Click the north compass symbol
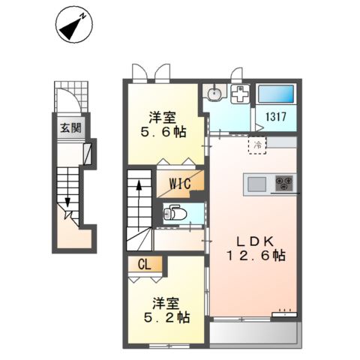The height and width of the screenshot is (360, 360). pos(74,27)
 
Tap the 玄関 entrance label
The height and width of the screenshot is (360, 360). pos(71,128)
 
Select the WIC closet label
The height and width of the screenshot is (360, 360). pos(180,184)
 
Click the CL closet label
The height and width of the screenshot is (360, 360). pos(145,265)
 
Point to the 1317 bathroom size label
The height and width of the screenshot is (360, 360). pos(276,117)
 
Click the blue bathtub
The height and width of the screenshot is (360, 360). pos(276,94)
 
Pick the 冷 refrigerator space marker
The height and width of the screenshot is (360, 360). pos(257,145)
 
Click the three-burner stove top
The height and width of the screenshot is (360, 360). pos(283,183)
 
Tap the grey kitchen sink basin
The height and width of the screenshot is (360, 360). pos(256,184)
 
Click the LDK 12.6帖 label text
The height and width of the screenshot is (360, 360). pos(256,249)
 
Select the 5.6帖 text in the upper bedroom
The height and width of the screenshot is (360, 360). pos(163,132)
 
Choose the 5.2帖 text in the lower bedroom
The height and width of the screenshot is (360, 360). pos(166,317)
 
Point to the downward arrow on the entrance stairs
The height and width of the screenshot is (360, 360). pos(67,187)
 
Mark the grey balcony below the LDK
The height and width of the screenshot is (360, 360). pos(253,333)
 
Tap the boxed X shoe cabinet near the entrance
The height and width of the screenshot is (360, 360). pos(88,154)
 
